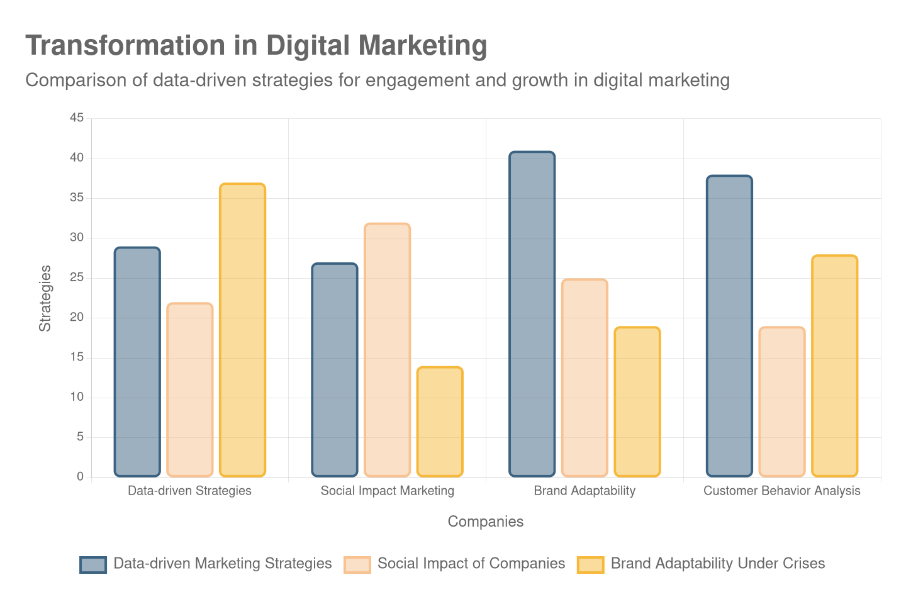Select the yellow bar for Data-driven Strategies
(x=242, y=330)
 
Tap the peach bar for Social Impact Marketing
(x=388, y=349)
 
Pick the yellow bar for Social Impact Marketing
(x=440, y=421)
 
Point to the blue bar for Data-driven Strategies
(x=137, y=361)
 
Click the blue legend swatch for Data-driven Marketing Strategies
(x=93, y=564)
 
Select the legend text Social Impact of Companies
(x=471, y=564)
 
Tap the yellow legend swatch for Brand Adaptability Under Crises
(x=590, y=564)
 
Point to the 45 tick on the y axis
(x=77, y=118)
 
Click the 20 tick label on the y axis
(x=77, y=317)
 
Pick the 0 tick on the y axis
(x=80, y=476)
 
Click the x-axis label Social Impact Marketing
(x=388, y=491)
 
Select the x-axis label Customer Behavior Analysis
(x=781, y=491)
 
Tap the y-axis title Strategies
(x=45, y=298)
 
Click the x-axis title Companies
(x=485, y=522)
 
